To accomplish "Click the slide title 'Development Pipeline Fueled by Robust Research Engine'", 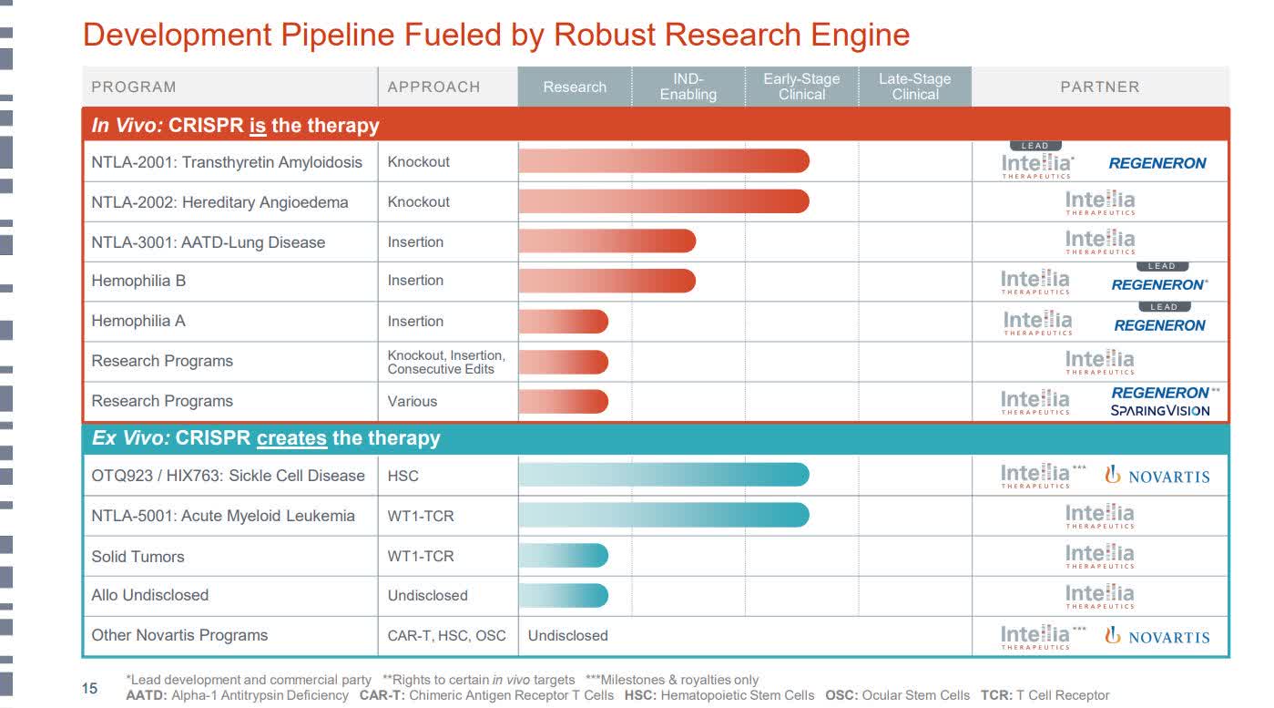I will click(x=496, y=35).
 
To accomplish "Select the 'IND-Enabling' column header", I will click(x=688, y=87).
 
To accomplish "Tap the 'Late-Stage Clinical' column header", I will click(x=914, y=87).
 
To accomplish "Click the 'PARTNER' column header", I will click(x=1099, y=87).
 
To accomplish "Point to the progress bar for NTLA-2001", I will click(x=663, y=161).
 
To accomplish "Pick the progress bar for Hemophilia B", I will click(x=606, y=281).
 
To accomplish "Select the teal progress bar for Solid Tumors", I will click(x=563, y=556).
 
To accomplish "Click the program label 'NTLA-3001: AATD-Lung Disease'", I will click(x=208, y=242).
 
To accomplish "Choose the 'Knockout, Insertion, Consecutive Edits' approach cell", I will click(x=446, y=362).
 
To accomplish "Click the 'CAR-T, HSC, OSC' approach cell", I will click(x=446, y=635).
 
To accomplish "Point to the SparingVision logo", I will click(x=1160, y=411).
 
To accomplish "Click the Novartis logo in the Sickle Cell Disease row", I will click(x=1157, y=476).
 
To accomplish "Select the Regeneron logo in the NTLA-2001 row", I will click(x=1157, y=163).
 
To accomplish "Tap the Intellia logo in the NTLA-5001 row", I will click(x=1100, y=516).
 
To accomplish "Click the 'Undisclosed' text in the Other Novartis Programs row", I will click(x=568, y=635).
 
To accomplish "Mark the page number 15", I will click(x=90, y=689).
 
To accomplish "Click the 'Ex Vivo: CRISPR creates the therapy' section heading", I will click(x=266, y=438).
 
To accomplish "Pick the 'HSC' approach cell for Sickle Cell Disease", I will click(x=403, y=476).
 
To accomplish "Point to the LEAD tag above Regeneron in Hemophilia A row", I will click(x=1163, y=307).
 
